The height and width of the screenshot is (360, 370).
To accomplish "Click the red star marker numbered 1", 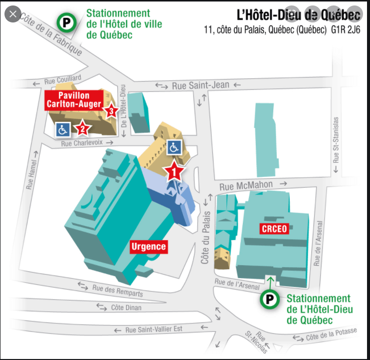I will point(174,171).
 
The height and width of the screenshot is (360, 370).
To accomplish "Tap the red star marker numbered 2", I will point(82,129).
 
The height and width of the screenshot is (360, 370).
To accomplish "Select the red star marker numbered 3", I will point(111,111).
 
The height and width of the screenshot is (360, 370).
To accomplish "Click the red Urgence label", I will point(148,246).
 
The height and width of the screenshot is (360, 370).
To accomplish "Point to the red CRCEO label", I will point(274,229).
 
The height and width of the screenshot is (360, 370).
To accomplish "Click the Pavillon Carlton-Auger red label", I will point(74,100).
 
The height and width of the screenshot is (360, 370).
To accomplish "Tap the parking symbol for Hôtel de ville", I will point(66,22).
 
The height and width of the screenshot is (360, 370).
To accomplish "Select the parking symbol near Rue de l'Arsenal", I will point(270,299).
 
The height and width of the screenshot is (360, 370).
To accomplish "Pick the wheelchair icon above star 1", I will point(174,147).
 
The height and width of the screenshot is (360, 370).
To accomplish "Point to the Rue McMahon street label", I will point(255,185).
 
